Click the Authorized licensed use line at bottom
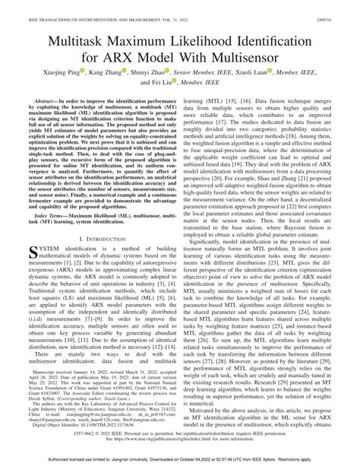[x=179, y=460]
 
